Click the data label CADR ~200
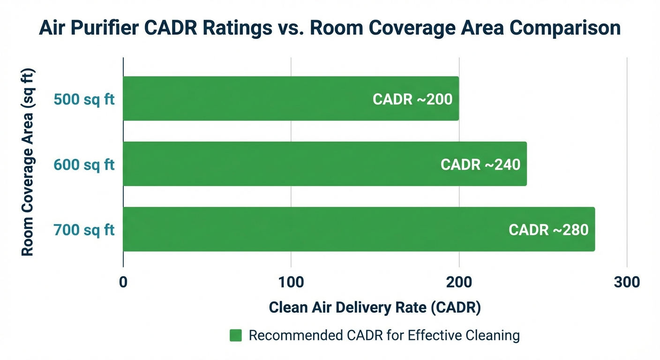[412, 99]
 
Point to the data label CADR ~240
[480, 165]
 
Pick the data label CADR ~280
[548, 230]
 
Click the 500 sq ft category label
[84, 100]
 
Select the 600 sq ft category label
[84, 165]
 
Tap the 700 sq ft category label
[84, 230]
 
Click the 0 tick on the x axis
[123, 282]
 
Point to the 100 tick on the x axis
[291, 282]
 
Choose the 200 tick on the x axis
[459, 282]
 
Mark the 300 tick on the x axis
[627, 282]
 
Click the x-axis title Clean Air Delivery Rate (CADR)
[375, 307]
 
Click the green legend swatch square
[236, 336]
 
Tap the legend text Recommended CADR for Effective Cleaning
[384, 336]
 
